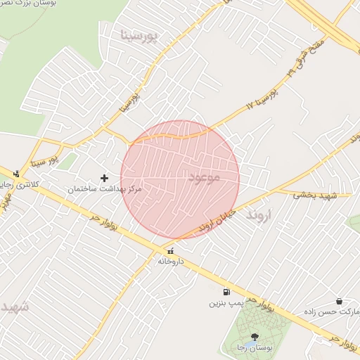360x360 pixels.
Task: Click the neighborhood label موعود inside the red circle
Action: (204, 178)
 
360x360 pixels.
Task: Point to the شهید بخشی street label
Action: (316, 194)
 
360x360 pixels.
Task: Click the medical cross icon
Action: (105, 178)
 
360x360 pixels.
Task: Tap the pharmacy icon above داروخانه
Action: (170, 251)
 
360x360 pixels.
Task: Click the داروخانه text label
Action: (170, 261)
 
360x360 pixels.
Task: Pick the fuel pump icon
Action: (226, 292)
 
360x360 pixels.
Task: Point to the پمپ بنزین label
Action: (226, 304)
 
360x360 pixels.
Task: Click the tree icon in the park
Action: (254, 337)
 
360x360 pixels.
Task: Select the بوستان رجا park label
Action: (254, 348)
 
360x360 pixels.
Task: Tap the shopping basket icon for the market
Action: (340, 301)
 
